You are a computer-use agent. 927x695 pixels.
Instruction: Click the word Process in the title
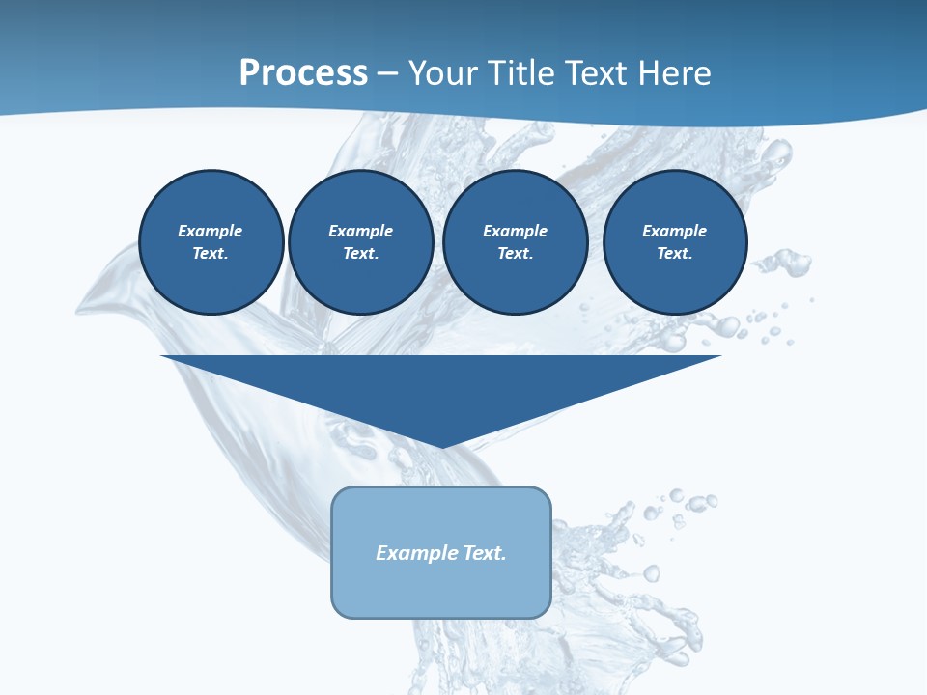click(x=303, y=73)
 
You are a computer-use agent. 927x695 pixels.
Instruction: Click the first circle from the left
click(x=211, y=242)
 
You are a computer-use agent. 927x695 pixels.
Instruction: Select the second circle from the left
click(x=361, y=242)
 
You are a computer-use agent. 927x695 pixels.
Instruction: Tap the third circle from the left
click(x=516, y=242)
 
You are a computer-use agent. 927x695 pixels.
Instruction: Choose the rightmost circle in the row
click(x=675, y=242)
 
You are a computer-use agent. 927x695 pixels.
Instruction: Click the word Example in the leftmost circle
click(x=211, y=231)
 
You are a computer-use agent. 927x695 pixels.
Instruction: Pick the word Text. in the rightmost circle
click(x=675, y=254)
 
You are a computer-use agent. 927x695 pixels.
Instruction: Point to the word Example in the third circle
click(x=516, y=231)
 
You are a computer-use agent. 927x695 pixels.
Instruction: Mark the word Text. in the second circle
click(x=361, y=254)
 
